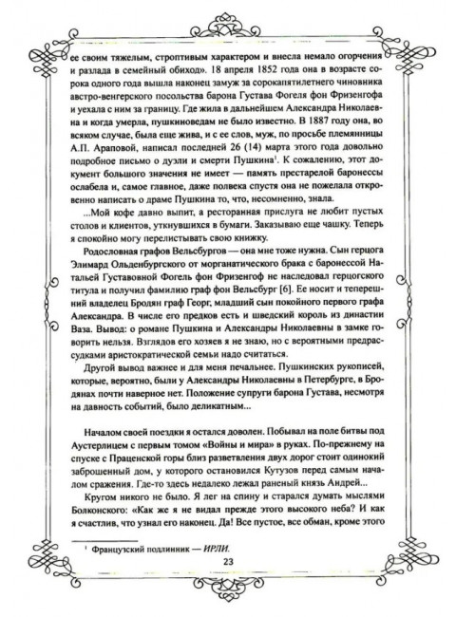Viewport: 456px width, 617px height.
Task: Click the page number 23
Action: tap(228, 562)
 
